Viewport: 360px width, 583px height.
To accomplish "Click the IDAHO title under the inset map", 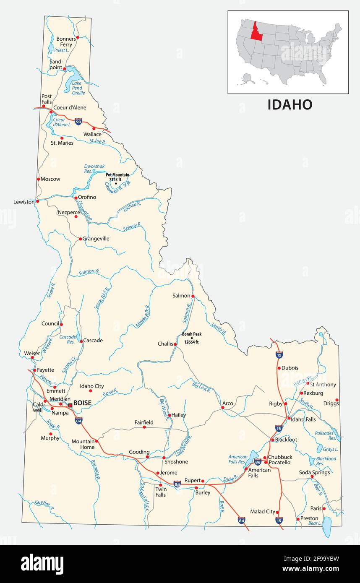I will (x=290, y=105).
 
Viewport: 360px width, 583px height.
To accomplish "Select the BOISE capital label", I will (x=82, y=403).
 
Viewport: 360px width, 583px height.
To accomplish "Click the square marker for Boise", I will (x=70, y=405).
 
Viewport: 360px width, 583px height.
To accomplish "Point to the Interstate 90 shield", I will (x=78, y=121).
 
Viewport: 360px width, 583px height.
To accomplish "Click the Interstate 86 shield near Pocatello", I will (x=258, y=462).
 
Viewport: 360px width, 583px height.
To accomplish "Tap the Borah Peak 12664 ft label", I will (x=192, y=338).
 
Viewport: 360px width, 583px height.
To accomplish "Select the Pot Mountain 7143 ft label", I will (x=117, y=177).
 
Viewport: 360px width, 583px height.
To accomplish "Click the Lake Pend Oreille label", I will (x=78, y=88).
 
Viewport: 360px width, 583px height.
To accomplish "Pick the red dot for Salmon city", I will (x=193, y=296).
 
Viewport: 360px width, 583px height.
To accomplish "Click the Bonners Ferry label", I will (x=66, y=42).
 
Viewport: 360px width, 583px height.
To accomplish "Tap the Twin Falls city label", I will (x=161, y=492).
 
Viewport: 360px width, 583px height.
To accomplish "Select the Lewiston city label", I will (x=24, y=202).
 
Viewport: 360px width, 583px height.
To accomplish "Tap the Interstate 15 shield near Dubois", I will (x=279, y=355).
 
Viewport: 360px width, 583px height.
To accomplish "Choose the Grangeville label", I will (x=96, y=239).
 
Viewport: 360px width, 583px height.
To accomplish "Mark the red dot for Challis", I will (x=175, y=344).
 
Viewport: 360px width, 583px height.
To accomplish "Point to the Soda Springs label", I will (x=314, y=473).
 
